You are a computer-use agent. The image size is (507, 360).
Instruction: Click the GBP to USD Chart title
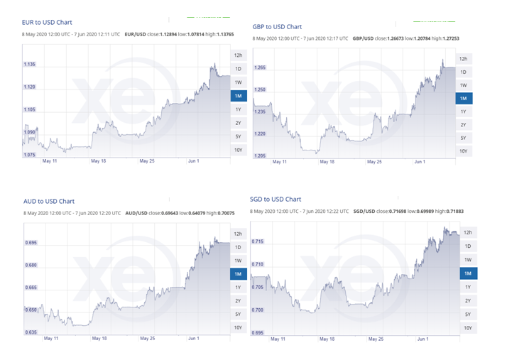click(277, 26)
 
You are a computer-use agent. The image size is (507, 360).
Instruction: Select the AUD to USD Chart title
click(48, 201)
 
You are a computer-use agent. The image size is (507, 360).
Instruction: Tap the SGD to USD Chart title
click(276, 200)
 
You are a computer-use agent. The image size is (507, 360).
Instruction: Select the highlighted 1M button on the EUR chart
click(239, 96)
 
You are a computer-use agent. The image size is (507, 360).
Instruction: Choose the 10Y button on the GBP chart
click(463, 151)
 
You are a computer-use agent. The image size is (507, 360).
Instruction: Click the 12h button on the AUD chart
click(239, 234)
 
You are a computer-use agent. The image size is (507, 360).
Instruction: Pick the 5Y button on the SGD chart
click(467, 314)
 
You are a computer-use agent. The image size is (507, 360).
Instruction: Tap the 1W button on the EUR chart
click(239, 82)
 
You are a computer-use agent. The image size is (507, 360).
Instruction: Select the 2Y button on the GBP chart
click(463, 125)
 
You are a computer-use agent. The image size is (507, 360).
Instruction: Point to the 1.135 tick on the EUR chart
click(31, 65)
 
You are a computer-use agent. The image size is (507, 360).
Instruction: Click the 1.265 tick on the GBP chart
click(261, 68)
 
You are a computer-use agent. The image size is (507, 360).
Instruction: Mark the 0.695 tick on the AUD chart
click(31, 243)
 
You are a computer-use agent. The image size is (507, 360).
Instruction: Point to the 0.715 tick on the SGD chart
click(258, 241)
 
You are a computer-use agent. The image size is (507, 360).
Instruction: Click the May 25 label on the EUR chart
click(147, 161)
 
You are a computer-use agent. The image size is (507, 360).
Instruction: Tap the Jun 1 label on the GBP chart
click(420, 162)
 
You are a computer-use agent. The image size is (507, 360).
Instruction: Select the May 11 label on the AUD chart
click(50, 339)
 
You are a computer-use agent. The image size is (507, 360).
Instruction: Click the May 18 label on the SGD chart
click(327, 339)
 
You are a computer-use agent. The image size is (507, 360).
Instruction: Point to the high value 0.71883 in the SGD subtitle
click(460, 212)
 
